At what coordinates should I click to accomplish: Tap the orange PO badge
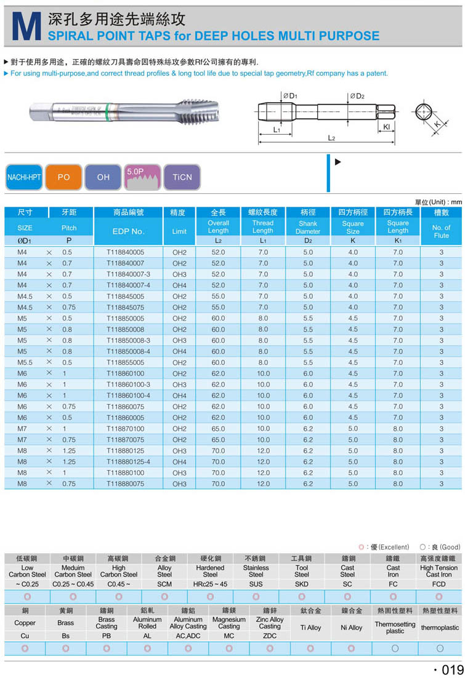pyautogui.click(x=63, y=177)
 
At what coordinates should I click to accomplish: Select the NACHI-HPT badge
pyautogui.click(x=23, y=177)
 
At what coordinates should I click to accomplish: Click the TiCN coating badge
pyautogui.click(x=182, y=177)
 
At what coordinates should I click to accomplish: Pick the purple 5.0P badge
pyautogui.click(x=142, y=177)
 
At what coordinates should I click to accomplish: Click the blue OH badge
pyautogui.click(x=103, y=177)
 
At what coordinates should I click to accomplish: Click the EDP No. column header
pyautogui.click(x=128, y=231)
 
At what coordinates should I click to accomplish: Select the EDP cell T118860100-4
pyautogui.click(x=128, y=396)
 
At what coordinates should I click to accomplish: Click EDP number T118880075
pyautogui.click(x=125, y=484)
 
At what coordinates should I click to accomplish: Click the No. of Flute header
pyautogui.click(x=441, y=231)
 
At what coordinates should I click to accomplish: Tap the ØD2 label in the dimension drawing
pyautogui.click(x=357, y=96)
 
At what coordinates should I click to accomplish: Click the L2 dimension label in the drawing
pyautogui.click(x=331, y=138)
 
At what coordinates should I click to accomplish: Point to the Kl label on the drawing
pyautogui.click(x=386, y=126)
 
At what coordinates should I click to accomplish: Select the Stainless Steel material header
pyautogui.click(x=256, y=571)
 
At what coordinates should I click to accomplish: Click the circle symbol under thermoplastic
pyautogui.click(x=440, y=648)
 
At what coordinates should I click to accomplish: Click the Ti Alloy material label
pyautogui.click(x=310, y=628)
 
